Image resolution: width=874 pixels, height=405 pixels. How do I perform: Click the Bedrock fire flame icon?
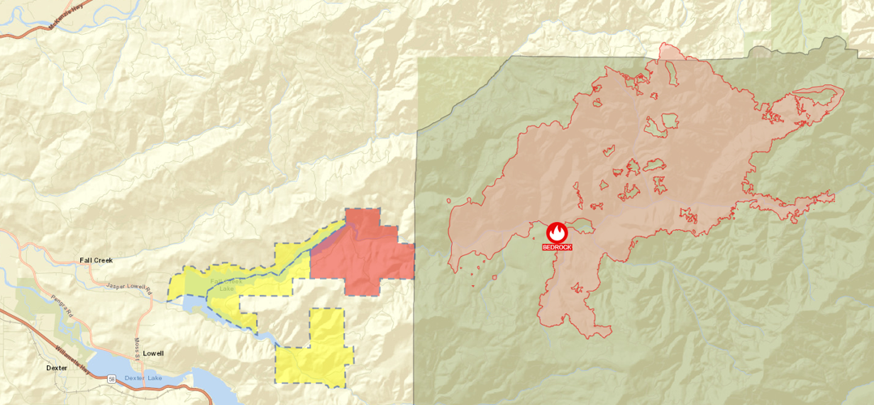pos(556,232)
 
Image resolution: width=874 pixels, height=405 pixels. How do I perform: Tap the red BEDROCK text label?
pos(556,247)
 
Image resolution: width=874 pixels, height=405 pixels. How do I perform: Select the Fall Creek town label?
pos(96,260)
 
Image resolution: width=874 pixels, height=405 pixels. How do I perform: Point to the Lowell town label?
pos(153,353)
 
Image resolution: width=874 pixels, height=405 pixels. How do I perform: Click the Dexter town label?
pos(57,368)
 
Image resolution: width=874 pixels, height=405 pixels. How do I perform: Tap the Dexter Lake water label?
pos(143,378)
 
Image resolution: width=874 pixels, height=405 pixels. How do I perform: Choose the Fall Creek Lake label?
pos(222,285)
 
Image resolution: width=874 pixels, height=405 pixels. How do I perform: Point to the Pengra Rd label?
pos(61,304)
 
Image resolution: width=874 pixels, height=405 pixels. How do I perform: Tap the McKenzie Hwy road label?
pos(66,15)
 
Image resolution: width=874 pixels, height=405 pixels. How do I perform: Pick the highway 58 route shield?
pos(111,378)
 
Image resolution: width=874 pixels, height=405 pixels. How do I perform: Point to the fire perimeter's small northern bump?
pos(671,51)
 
